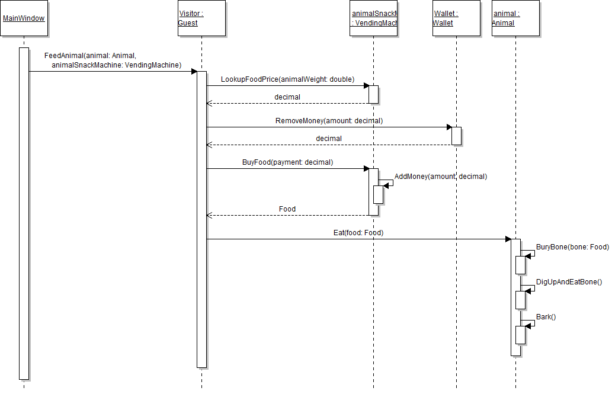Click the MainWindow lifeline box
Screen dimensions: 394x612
24,18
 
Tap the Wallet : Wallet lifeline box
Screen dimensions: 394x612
456,18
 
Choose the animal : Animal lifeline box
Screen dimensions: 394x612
515,18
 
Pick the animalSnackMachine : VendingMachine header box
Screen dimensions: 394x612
373,18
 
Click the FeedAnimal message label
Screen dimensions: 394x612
113,60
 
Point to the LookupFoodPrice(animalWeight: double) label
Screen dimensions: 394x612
287,79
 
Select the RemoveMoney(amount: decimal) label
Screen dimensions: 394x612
329,120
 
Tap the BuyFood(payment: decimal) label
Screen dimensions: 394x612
287,162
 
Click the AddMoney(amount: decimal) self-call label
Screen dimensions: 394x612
440,176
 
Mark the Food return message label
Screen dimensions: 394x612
287,209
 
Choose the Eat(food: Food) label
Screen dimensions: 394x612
358,233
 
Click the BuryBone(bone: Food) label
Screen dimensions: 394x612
572,246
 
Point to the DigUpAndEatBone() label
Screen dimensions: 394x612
569,282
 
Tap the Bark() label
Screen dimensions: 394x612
546,317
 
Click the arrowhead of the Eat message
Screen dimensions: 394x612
508,239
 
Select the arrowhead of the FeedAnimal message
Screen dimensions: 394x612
194,72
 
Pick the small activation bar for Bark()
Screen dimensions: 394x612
520,335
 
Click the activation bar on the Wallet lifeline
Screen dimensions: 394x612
456,136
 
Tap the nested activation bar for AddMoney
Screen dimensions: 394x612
378,194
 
